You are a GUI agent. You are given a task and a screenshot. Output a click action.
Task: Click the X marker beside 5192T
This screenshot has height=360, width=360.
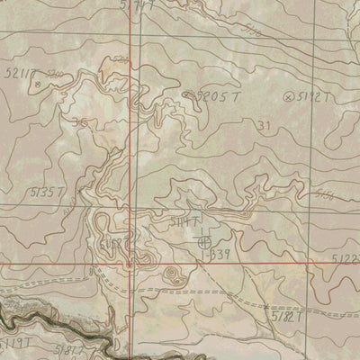[x=288, y=95]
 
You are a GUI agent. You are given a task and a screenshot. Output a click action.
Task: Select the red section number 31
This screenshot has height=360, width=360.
[x=263, y=125]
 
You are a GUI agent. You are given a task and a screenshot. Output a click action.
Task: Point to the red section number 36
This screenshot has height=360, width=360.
[x=80, y=123]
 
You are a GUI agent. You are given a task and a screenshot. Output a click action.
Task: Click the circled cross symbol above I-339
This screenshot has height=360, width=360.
[x=203, y=240]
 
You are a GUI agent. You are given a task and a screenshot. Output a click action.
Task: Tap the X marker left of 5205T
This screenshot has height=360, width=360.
[x=186, y=93]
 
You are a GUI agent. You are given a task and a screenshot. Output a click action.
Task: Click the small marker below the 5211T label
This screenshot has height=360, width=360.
[x=38, y=83]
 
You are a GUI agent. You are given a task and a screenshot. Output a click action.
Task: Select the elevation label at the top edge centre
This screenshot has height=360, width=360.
[x=136, y=5]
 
